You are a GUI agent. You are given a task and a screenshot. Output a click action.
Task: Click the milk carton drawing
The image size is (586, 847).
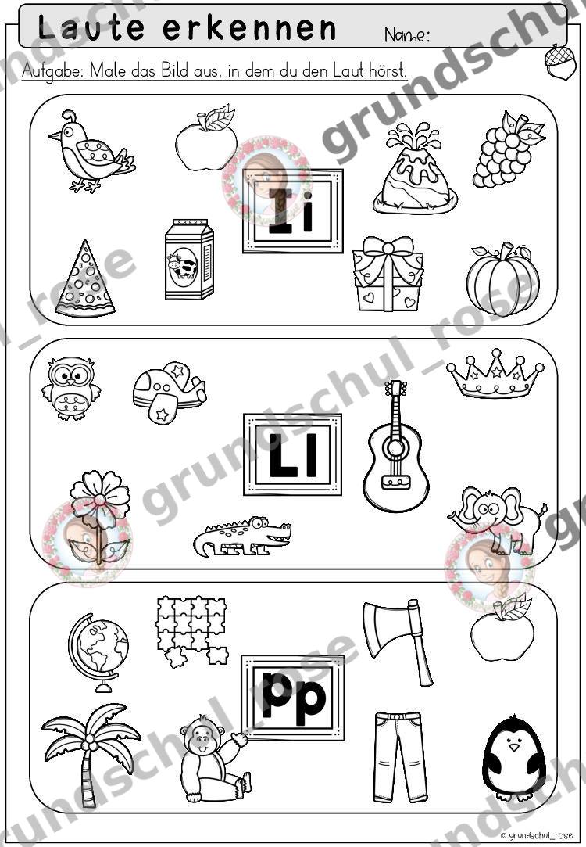point(189,260)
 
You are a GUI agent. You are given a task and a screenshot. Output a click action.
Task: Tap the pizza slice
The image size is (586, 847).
point(84,280)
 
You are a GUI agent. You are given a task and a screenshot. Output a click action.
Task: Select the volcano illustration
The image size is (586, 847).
point(415,168)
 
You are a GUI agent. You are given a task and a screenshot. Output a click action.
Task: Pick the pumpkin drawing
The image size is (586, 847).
point(503,279)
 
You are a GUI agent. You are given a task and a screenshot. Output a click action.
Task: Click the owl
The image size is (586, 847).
point(71,388)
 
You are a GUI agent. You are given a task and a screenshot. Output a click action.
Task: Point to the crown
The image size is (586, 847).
point(495,373)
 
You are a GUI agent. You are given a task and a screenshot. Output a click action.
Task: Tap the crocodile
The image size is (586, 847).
point(242,537)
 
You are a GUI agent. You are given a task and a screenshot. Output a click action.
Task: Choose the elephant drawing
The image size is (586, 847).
point(498,519)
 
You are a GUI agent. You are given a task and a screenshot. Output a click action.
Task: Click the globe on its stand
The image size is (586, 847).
point(98,652)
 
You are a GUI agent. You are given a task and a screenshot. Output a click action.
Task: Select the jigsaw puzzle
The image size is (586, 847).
point(192,630)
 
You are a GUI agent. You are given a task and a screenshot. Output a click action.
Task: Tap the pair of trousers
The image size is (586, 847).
point(398,757)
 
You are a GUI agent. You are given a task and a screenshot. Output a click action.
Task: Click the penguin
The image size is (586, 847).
point(513,758)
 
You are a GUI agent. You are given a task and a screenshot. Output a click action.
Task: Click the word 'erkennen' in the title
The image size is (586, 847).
point(250,28)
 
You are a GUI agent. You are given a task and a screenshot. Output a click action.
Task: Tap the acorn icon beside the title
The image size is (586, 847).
point(560,62)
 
